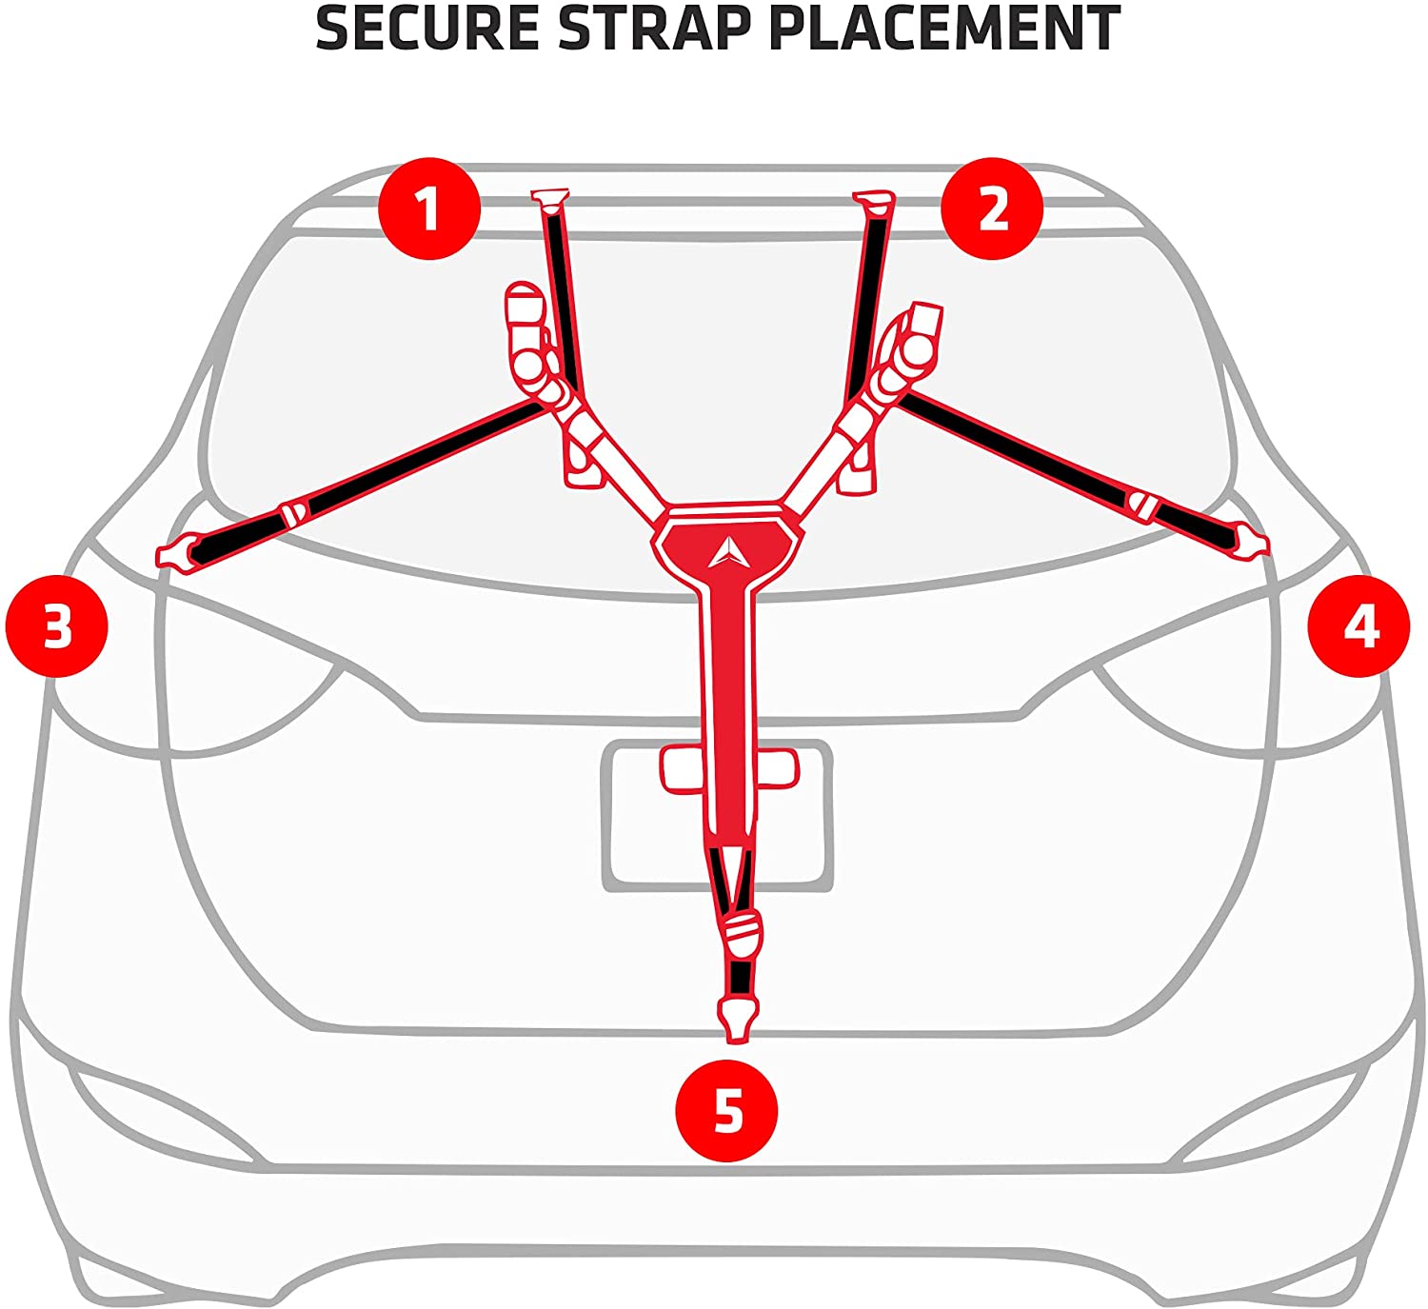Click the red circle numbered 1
click(x=429, y=208)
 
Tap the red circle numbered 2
click(x=992, y=208)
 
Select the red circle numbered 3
click(x=57, y=626)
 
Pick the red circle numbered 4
click(x=1359, y=626)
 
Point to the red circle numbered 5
click(x=726, y=1110)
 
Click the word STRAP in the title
click(x=655, y=29)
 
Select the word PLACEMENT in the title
click(x=944, y=29)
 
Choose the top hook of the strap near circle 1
click(x=550, y=200)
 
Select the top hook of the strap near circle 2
click(x=874, y=202)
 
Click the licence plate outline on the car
click(x=718, y=816)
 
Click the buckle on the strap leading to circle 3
click(x=293, y=515)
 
